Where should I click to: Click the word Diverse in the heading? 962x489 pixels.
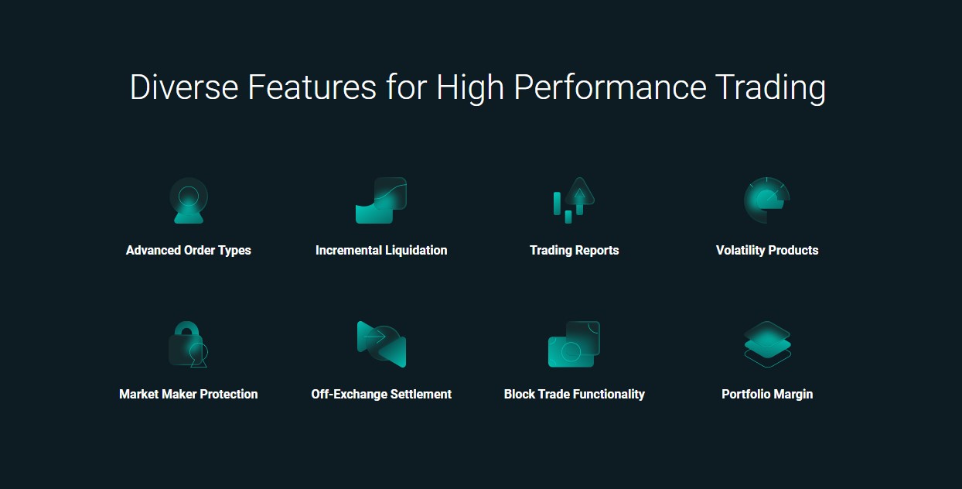coord(184,87)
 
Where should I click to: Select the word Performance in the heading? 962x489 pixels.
coord(610,87)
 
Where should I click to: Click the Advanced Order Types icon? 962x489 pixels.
coord(189,200)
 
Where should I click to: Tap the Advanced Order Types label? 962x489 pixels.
coord(189,251)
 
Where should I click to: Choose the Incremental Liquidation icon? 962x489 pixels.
coord(381,200)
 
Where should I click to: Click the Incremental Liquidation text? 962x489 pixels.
coord(381,251)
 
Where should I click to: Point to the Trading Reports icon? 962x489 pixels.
coord(575,200)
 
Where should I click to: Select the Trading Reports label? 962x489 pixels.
coord(575,251)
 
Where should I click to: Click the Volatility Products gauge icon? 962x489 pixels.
coord(767,200)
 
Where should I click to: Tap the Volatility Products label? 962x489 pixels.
coord(767,251)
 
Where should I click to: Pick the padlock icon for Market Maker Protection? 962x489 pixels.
coord(189,344)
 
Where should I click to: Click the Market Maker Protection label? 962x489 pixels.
coord(189,394)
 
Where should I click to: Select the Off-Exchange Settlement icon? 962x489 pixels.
coord(381,344)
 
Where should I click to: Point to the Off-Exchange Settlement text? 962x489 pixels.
coord(381,394)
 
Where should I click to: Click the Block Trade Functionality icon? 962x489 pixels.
coord(575,344)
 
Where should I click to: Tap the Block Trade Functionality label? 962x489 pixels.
coord(575,394)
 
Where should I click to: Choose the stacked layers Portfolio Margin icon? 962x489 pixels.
coord(767,344)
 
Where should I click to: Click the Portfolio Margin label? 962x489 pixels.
coord(767,394)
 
